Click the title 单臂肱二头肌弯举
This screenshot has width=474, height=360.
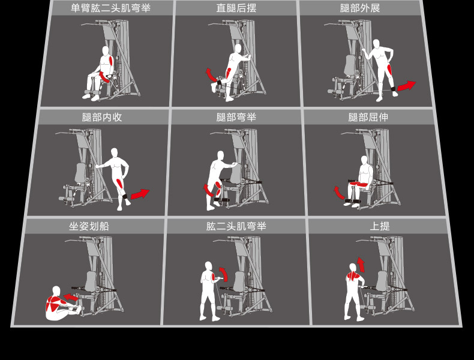pyautogui.click(x=110, y=8)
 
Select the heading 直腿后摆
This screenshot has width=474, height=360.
pyautogui.click(x=236, y=8)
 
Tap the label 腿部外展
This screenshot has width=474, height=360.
pyautogui.click(x=360, y=8)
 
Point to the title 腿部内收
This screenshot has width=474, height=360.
pyautogui.click(x=102, y=117)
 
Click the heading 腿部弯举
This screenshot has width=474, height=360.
pyautogui.click(x=236, y=117)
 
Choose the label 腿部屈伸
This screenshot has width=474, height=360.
pyautogui.click(x=368, y=117)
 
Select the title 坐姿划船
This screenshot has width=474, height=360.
pyautogui.click(x=89, y=226)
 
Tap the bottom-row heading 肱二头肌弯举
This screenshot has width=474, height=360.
pyautogui.click(x=236, y=226)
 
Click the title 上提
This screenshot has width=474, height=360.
pyautogui.click(x=380, y=226)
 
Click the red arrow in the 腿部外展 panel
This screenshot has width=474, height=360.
pyautogui.click(x=407, y=86)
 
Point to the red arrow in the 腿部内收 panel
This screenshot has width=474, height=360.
pyautogui.click(x=140, y=194)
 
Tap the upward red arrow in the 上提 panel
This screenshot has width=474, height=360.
pyautogui.click(x=361, y=265)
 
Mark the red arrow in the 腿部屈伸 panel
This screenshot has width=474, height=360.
pyautogui.click(x=338, y=193)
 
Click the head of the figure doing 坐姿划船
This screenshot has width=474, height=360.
pyautogui.click(x=56, y=291)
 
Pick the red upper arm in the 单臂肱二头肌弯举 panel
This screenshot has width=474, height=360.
pyautogui.click(x=111, y=61)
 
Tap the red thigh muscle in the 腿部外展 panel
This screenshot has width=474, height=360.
pyautogui.click(x=389, y=69)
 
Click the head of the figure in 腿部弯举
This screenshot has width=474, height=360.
pyautogui.click(x=220, y=155)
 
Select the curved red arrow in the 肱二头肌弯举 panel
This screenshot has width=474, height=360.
pyautogui.click(x=224, y=274)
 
